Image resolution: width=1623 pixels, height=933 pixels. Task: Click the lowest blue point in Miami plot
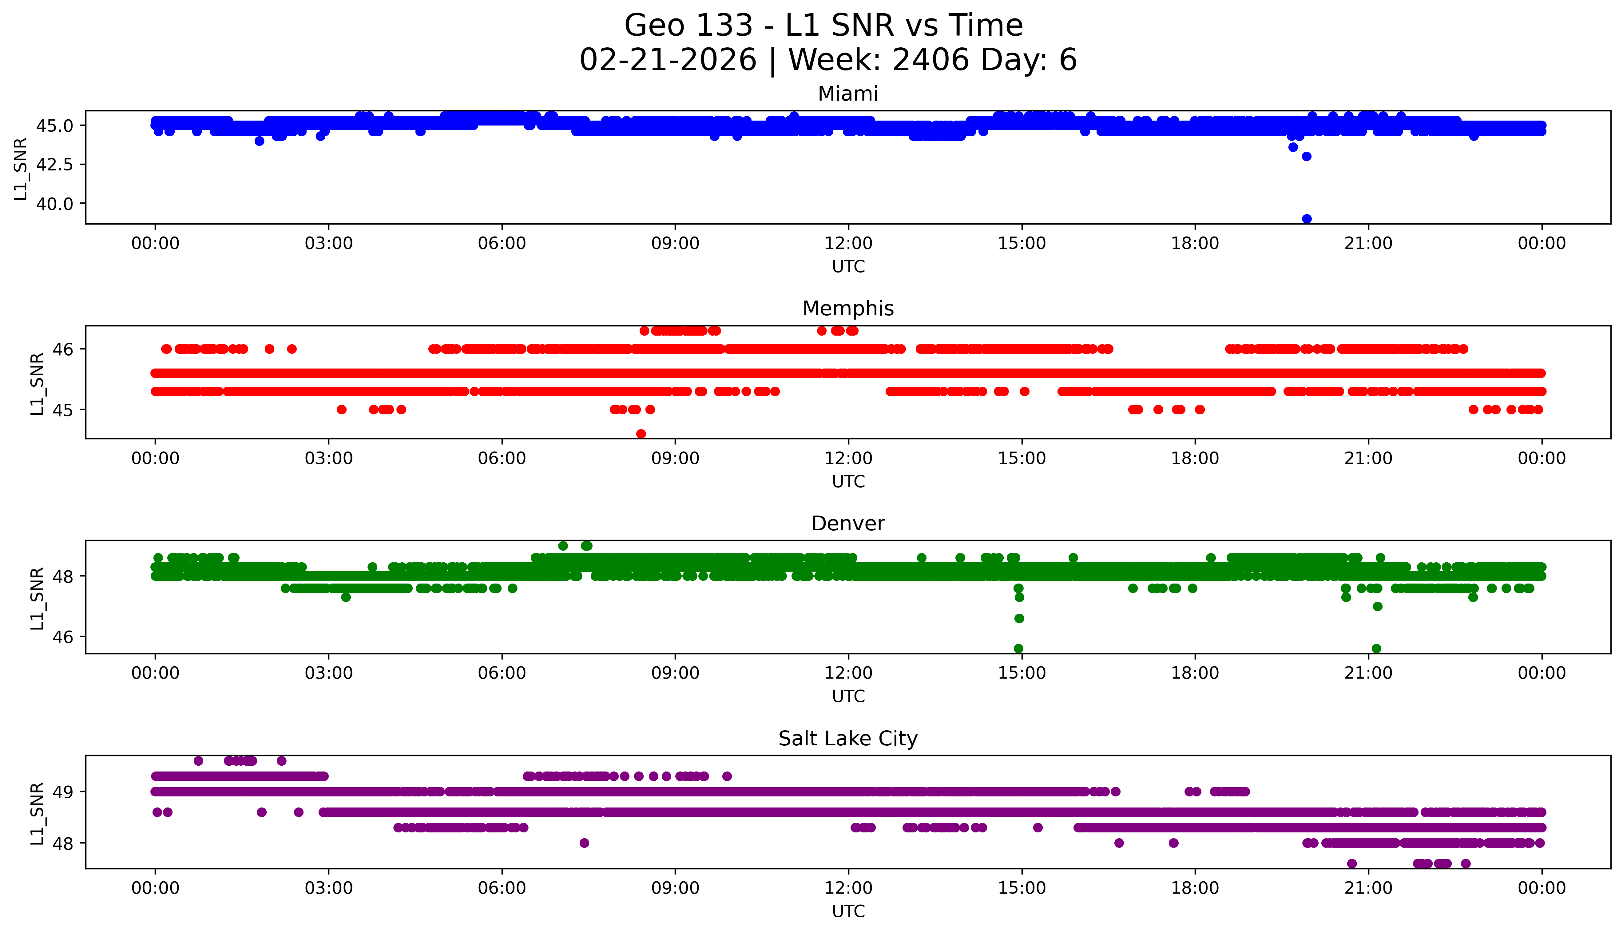tap(1307, 219)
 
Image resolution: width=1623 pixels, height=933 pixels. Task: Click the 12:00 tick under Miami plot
tap(848, 244)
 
